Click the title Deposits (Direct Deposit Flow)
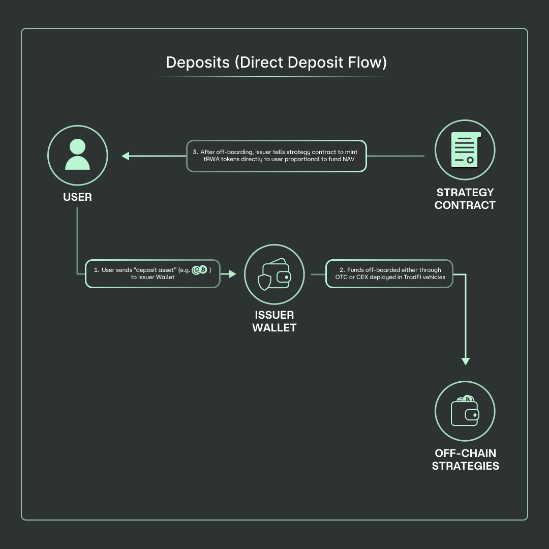[x=276, y=63]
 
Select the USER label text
[x=77, y=197]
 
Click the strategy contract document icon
[x=465, y=150]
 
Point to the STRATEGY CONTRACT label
[x=465, y=199]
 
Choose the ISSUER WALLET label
[x=274, y=321]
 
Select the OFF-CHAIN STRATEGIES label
[x=465, y=460]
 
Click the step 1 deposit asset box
[x=152, y=273]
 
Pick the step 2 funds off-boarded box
[x=389, y=273]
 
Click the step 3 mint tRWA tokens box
[x=277, y=156]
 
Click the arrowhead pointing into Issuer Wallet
[x=232, y=274]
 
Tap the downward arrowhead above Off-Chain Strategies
[x=465, y=361]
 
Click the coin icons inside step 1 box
[x=199, y=270]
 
